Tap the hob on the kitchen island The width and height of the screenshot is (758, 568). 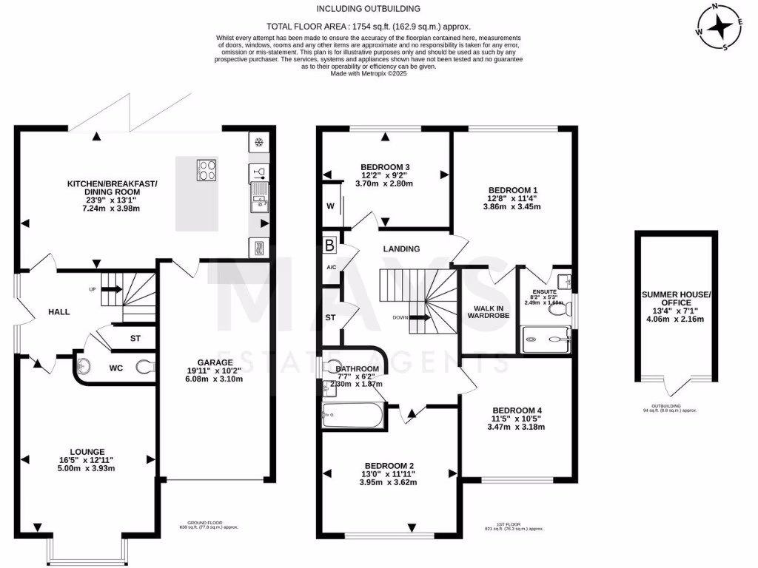tap(206, 170)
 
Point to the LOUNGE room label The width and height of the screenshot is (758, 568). tap(87, 451)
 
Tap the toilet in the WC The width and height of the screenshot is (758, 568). tap(144, 365)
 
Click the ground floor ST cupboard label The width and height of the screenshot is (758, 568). tap(135, 339)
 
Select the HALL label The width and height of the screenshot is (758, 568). tap(58, 312)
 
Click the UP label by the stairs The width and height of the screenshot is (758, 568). tap(93, 288)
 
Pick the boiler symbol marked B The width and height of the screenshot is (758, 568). tap(329, 245)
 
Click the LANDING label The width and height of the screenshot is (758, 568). tap(402, 249)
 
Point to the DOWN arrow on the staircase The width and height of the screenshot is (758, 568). tap(418, 318)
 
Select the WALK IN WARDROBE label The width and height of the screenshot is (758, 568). tap(485, 311)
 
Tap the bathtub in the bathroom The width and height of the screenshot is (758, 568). tap(353, 416)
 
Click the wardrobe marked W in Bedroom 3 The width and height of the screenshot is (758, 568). tap(330, 205)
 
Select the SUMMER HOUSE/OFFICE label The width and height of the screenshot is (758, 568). tap(676, 299)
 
